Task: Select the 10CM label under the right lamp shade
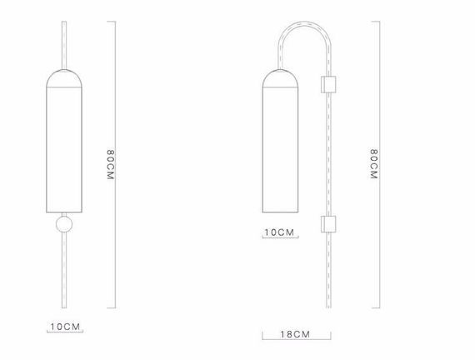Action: pos(280,231)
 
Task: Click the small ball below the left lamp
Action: pos(62,226)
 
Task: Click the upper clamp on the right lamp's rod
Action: pos(328,84)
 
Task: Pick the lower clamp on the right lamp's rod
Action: pos(328,224)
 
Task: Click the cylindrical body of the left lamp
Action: pos(62,150)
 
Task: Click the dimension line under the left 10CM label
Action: pos(65,334)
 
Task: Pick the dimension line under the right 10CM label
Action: pos(280,238)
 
